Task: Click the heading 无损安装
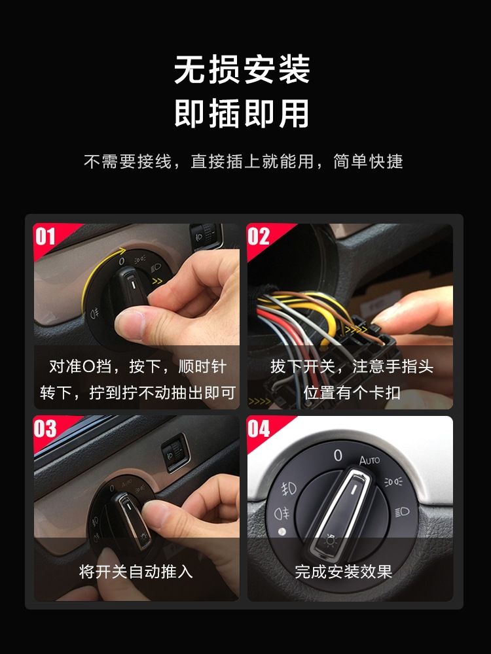(242, 69)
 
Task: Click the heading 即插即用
(242, 113)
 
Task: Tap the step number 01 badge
(45, 237)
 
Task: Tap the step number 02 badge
(259, 237)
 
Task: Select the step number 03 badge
(45, 428)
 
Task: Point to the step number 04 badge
(259, 428)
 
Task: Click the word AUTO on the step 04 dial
(369, 460)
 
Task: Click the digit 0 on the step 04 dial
(338, 455)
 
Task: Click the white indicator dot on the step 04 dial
(282, 532)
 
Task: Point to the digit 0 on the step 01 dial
(122, 262)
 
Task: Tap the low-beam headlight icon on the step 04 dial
(402, 512)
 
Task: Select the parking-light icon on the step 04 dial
(393, 482)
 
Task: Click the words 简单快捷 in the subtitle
(368, 162)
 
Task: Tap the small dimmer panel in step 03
(175, 453)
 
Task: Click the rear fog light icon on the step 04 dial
(282, 513)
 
